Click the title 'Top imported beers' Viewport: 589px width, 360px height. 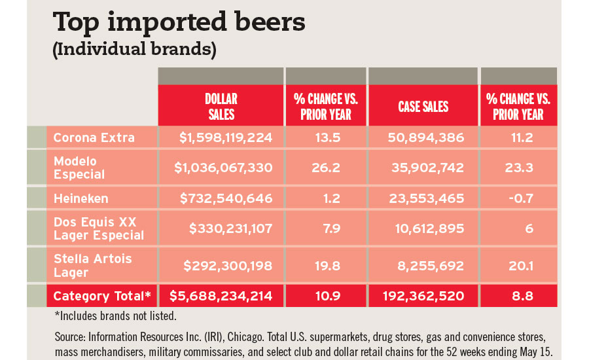coord(179,22)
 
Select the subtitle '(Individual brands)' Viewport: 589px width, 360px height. coord(135,50)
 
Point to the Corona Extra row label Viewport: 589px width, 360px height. coord(94,137)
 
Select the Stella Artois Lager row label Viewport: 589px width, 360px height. coord(92,266)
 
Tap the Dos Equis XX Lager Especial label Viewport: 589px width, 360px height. coord(98,228)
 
